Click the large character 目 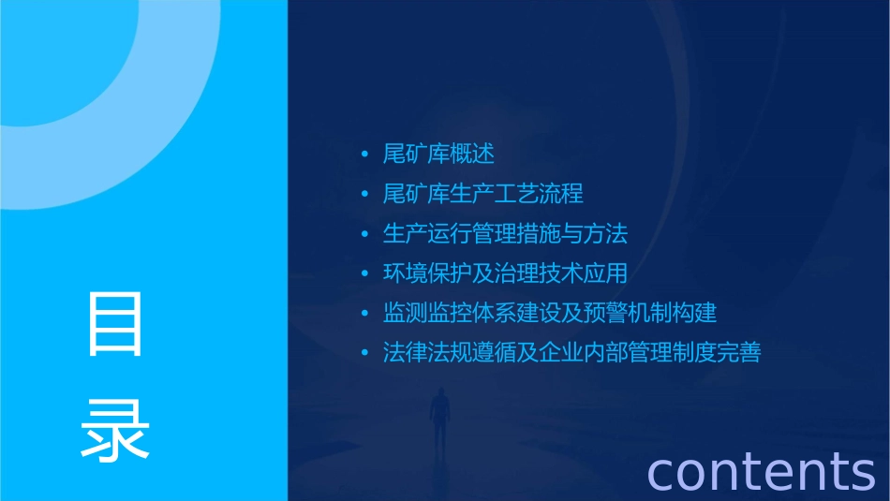[115, 323]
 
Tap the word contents [761, 470]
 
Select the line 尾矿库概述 [438, 154]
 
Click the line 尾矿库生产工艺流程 [482, 194]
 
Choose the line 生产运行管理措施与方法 [505, 233]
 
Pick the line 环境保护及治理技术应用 [505, 273]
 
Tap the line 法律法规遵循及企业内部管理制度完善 [571, 353]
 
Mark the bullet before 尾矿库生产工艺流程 [365, 195]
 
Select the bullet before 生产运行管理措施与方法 [365, 234]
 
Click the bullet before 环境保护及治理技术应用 [365, 274]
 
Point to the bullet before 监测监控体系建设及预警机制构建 [365, 314]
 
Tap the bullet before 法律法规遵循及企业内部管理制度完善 [365, 354]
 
